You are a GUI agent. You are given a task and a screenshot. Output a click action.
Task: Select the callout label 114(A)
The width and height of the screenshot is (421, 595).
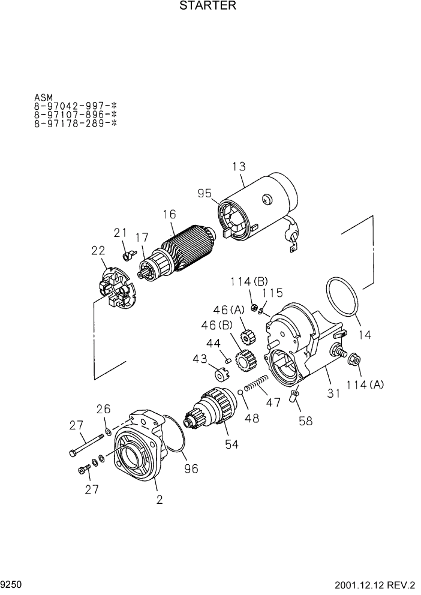pyautogui.click(x=368, y=385)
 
